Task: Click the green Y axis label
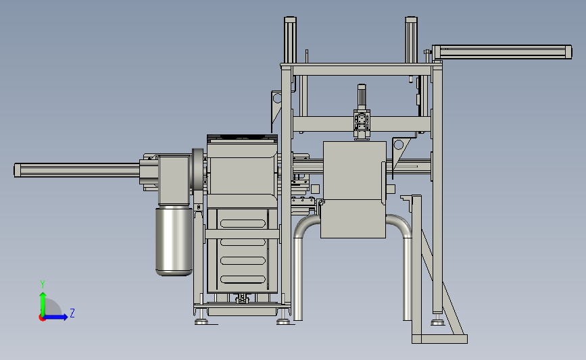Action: (43, 284)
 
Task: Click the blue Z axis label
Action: (72, 313)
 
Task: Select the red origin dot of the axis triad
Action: (42, 318)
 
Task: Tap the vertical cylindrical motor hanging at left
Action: (174, 242)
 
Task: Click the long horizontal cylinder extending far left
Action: (77, 170)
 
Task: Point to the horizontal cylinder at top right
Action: (502, 52)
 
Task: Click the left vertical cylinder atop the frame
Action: (291, 40)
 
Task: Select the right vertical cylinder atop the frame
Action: (411, 40)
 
